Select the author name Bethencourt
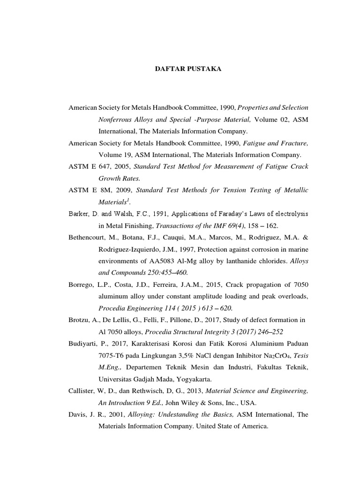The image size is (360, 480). pos(89,237)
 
